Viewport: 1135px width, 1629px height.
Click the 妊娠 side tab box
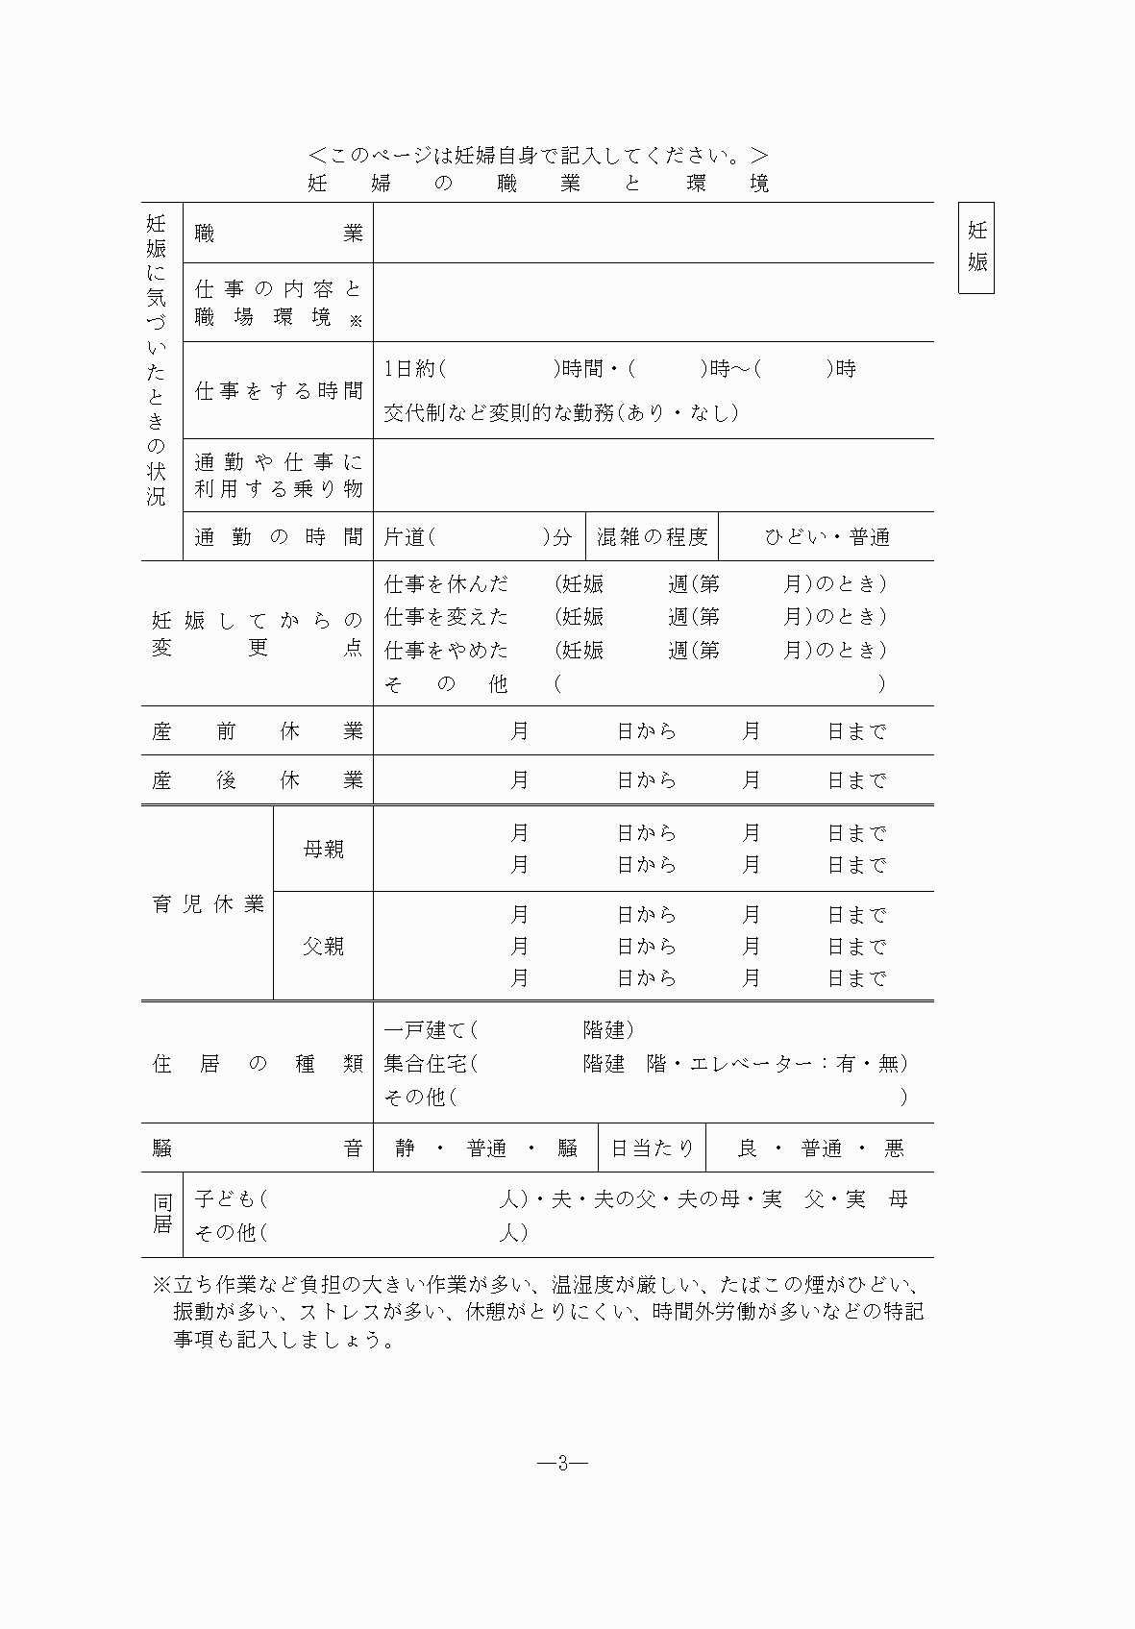pyautogui.click(x=976, y=247)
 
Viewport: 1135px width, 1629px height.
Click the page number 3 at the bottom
pyautogui.click(x=563, y=1464)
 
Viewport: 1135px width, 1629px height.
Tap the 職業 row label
pyautogui.click(x=278, y=234)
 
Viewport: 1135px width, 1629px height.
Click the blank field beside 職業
pyautogui.click(x=653, y=234)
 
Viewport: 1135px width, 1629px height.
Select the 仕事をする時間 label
pyautogui.click(x=278, y=390)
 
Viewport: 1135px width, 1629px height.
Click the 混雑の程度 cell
pyautogui.click(x=652, y=537)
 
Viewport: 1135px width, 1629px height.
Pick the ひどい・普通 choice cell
pyautogui.click(x=827, y=537)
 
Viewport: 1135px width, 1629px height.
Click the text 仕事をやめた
pyautogui.click(x=446, y=651)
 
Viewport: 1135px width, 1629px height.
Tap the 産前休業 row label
pyautogui.click(x=257, y=731)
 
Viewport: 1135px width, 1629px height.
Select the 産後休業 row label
pyautogui.click(x=257, y=780)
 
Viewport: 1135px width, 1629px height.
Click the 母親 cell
pyautogui.click(x=323, y=850)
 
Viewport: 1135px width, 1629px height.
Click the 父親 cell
pyautogui.click(x=323, y=947)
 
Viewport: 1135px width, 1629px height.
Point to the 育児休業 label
pyautogui.click(x=208, y=904)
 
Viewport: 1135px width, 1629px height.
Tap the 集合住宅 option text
pyautogui.click(x=427, y=1063)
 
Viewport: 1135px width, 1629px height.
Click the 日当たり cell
pyautogui.click(x=652, y=1148)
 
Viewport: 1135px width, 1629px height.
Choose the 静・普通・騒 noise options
pyautogui.click(x=485, y=1148)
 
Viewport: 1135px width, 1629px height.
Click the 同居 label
pyautogui.click(x=162, y=1214)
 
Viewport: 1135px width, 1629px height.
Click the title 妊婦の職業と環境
pyautogui.click(x=538, y=183)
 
